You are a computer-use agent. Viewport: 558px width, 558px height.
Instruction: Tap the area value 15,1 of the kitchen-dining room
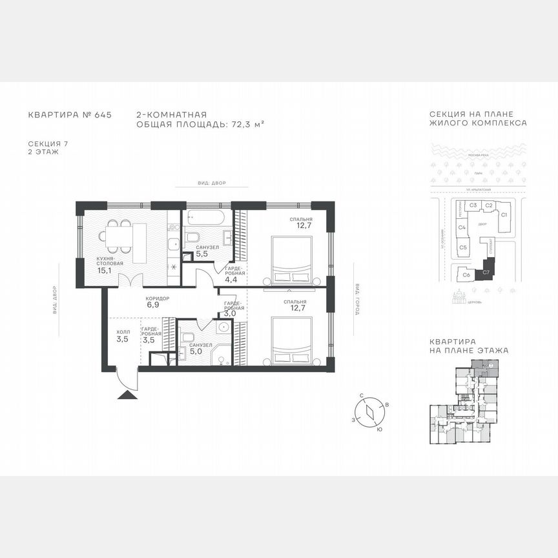click(104, 271)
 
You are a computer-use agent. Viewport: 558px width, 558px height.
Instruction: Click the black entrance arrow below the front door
click(125, 395)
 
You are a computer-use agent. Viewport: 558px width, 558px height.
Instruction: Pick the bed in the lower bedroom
click(291, 340)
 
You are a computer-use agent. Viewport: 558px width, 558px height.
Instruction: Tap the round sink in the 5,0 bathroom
click(223, 327)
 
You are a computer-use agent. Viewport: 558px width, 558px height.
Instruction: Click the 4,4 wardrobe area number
click(232, 280)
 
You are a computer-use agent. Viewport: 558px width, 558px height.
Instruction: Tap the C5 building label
click(462, 247)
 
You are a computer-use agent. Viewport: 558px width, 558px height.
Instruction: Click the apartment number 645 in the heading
click(103, 115)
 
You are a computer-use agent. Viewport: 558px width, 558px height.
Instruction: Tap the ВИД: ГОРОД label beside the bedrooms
click(356, 296)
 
